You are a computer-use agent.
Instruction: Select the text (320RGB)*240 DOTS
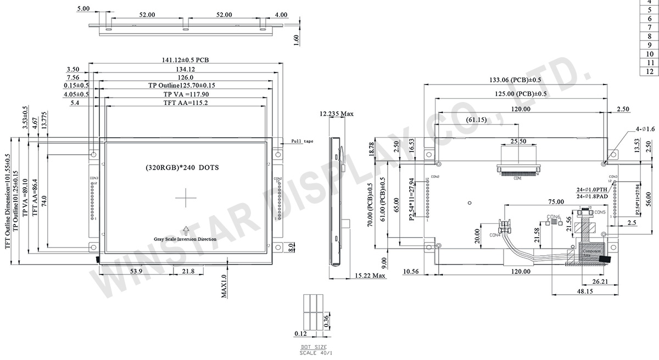tap(182, 167)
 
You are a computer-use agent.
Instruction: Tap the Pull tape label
tap(302, 142)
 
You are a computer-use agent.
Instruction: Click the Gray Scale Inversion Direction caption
tap(185, 239)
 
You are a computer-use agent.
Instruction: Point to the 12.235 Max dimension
tap(336, 114)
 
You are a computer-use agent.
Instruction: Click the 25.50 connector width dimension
tap(518, 141)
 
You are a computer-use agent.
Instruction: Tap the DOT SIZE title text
tap(314, 347)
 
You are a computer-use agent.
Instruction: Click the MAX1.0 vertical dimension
tap(225, 286)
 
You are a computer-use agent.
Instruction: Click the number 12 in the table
tap(649, 71)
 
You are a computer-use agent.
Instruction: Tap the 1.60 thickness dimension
tap(297, 41)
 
